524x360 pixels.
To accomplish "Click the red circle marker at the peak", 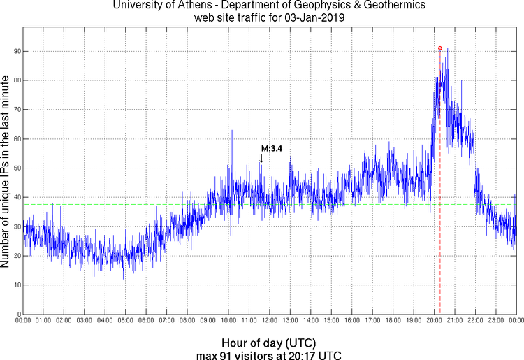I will point(439,48).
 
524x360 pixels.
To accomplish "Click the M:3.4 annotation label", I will point(271,149).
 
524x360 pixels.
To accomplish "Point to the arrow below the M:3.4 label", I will point(261,158).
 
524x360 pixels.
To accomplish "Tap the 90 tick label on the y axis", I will point(15,52).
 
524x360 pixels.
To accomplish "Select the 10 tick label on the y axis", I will point(15,285).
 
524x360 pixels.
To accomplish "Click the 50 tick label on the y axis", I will point(15,168).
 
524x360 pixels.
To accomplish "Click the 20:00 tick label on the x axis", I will point(434,321).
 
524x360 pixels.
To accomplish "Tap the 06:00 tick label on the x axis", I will point(146,321).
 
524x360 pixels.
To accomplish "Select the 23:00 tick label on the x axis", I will point(496,321).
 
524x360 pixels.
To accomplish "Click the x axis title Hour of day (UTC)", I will point(268,343).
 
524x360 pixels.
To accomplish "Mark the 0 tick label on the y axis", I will point(17,314).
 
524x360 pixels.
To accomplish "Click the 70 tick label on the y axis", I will point(15,110).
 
